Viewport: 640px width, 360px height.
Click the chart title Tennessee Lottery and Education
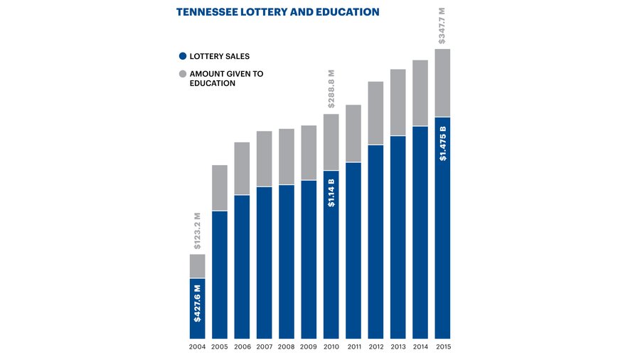[277, 12]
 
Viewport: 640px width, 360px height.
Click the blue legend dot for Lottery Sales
[183, 56]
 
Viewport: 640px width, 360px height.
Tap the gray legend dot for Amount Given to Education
[183, 73]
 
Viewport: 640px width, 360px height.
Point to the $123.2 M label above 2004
[198, 230]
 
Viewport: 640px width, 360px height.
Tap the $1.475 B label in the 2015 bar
[442, 144]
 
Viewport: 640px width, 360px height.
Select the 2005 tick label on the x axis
[220, 347]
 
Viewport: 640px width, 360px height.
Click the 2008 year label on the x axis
[287, 347]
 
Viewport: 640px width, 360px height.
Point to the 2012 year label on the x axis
[375, 347]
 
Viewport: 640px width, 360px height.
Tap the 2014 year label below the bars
[420, 347]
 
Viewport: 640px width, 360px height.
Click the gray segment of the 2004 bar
[198, 266]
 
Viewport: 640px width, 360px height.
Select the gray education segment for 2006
[242, 169]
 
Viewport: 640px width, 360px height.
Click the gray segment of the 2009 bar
[309, 152]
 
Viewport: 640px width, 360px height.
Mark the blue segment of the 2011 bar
[353, 249]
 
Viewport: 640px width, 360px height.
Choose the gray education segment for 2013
[398, 102]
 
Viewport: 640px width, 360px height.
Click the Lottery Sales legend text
[220, 56]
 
